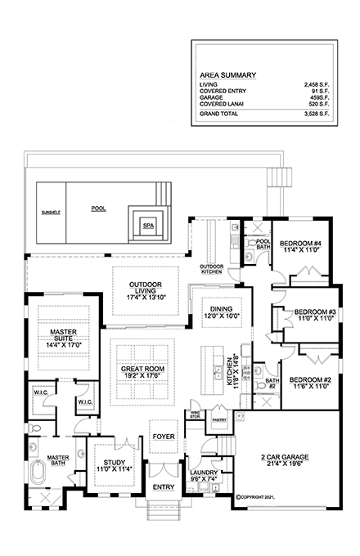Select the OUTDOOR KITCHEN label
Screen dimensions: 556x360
(x=213, y=270)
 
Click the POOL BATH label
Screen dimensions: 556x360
(x=263, y=245)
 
